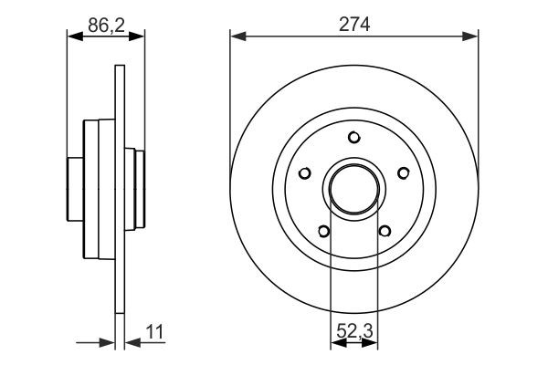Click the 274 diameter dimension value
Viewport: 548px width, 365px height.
pyautogui.click(x=353, y=26)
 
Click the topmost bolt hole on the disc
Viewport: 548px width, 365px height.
pyautogui.click(x=353, y=138)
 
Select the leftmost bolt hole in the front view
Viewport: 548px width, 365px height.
pyautogui.click(x=304, y=172)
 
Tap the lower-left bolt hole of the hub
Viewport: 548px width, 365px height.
pyautogui.click(x=323, y=230)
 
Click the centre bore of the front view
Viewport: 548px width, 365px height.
pyautogui.click(x=353, y=188)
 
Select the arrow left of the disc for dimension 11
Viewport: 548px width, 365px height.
pyautogui.click(x=109, y=342)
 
